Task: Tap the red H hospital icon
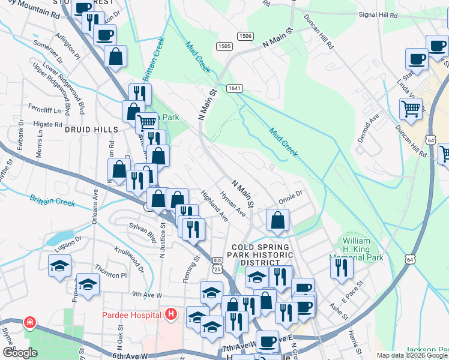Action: coord(172,314)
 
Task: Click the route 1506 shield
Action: coord(244,36)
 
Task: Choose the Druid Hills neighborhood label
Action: coord(85,129)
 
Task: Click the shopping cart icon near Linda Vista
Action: coord(411,109)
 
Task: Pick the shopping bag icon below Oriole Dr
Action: coord(277,220)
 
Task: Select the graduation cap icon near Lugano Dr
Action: coord(60,266)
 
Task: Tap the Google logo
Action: coord(20,353)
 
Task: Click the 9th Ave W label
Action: coord(147,295)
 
